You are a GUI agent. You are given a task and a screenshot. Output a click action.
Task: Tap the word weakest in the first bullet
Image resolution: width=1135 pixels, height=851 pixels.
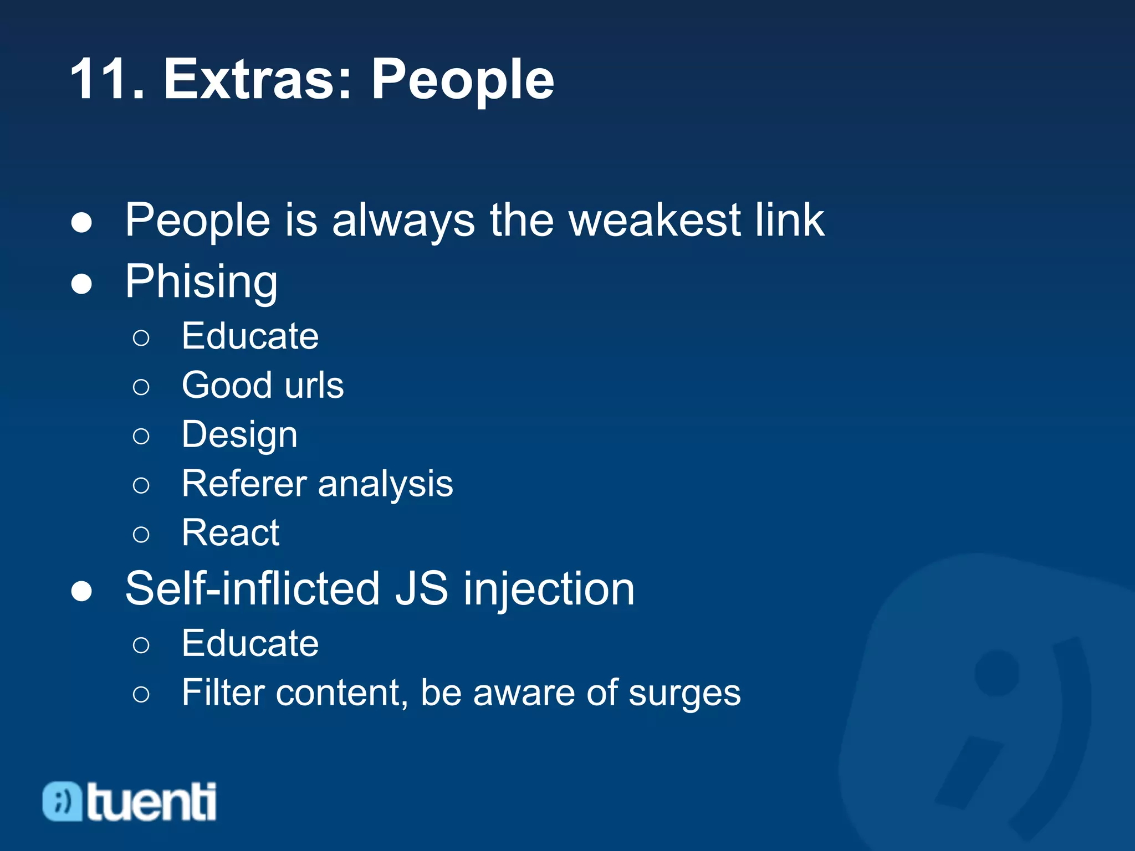pyautogui.click(x=655, y=221)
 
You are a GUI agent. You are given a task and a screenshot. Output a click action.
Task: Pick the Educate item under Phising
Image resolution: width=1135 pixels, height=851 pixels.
pyautogui.click(x=250, y=336)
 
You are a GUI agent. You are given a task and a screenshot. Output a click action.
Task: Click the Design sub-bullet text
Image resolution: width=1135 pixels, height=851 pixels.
pyautogui.click(x=239, y=435)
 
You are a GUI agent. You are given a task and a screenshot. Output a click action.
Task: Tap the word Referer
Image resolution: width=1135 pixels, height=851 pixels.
pyautogui.click(x=244, y=484)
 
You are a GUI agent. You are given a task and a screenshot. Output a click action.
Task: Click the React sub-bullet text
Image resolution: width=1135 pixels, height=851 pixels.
pyautogui.click(x=231, y=533)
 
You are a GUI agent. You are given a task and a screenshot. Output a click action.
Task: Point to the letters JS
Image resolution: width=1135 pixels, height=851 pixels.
pyautogui.click(x=421, y=589)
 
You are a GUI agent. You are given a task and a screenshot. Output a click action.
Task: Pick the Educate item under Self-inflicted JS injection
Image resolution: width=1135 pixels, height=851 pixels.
pyautogui.click(x=250, y=644)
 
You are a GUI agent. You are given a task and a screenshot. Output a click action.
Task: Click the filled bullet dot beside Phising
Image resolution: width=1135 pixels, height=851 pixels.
pyautogui.click(x=81, y=284)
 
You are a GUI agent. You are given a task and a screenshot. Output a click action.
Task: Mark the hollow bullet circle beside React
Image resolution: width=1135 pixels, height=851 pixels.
pyautogui.click(x=141, y=535)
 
